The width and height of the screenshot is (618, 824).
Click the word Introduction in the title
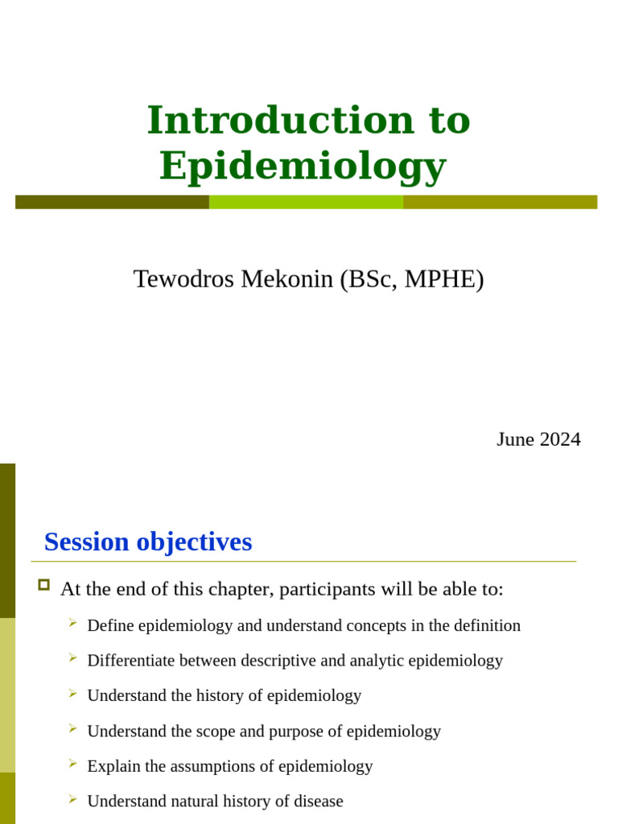pos(280,120)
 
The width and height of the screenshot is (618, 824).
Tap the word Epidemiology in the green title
pos(303,166)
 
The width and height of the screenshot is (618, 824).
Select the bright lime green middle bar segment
pos(306,202)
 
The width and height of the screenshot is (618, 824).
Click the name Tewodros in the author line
pos(183,279)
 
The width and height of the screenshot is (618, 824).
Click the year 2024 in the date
pos(560,439)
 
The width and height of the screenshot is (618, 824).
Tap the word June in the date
pos(515,439)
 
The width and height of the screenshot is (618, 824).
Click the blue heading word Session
pos(87,542)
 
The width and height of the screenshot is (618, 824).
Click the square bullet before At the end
pos(44,585)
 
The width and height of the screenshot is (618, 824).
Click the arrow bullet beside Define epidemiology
pos(72,623)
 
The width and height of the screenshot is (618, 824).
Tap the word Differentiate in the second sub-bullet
pos(130,661)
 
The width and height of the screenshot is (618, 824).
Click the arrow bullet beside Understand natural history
pos(72,799)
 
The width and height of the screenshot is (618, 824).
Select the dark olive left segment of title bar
pos(112,202)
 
